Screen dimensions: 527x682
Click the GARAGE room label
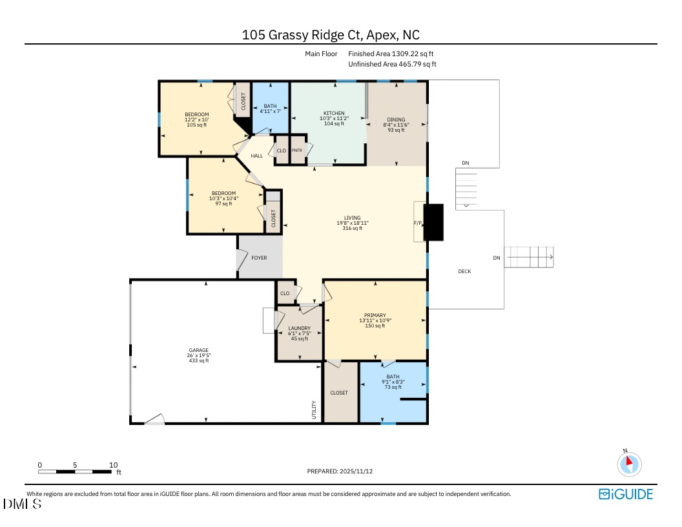pos(199,351)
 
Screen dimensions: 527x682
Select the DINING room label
pos(396,119)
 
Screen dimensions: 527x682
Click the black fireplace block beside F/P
pos(434,222)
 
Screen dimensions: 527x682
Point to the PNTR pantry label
pos(297,150)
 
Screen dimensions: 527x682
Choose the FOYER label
pos(259,258)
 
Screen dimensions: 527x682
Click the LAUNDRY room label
pos(299,328)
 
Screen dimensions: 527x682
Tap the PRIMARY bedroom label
pos(375,315)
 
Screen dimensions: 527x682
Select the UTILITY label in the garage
pos(315,409)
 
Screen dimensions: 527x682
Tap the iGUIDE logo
pos(626,494)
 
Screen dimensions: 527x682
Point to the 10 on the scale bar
pos(113,465)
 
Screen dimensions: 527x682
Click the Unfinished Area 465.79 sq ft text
pos(392,64)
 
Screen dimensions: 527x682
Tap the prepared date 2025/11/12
pos(340,471)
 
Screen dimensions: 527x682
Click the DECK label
pos(464,271)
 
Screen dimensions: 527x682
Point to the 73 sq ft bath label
pos(393,387)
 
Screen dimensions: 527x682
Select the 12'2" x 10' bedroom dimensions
pos(197,119)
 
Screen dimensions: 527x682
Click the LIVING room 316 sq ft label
pos(352,228)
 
